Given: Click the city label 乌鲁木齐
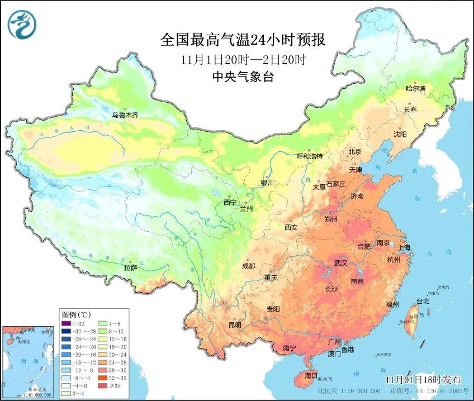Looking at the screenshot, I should coord(125,115).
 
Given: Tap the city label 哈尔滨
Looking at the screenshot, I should coord(415,89).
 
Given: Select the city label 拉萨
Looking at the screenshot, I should coord(130,268).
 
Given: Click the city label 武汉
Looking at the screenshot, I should coord(340,262).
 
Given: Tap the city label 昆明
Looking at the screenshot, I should coord(234,325).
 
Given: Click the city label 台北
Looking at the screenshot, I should coord(423,301).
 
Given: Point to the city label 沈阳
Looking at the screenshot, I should coord(400,134).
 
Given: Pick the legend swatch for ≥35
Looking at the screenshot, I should coord(102,385).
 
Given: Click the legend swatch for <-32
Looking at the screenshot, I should coord(67,323).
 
